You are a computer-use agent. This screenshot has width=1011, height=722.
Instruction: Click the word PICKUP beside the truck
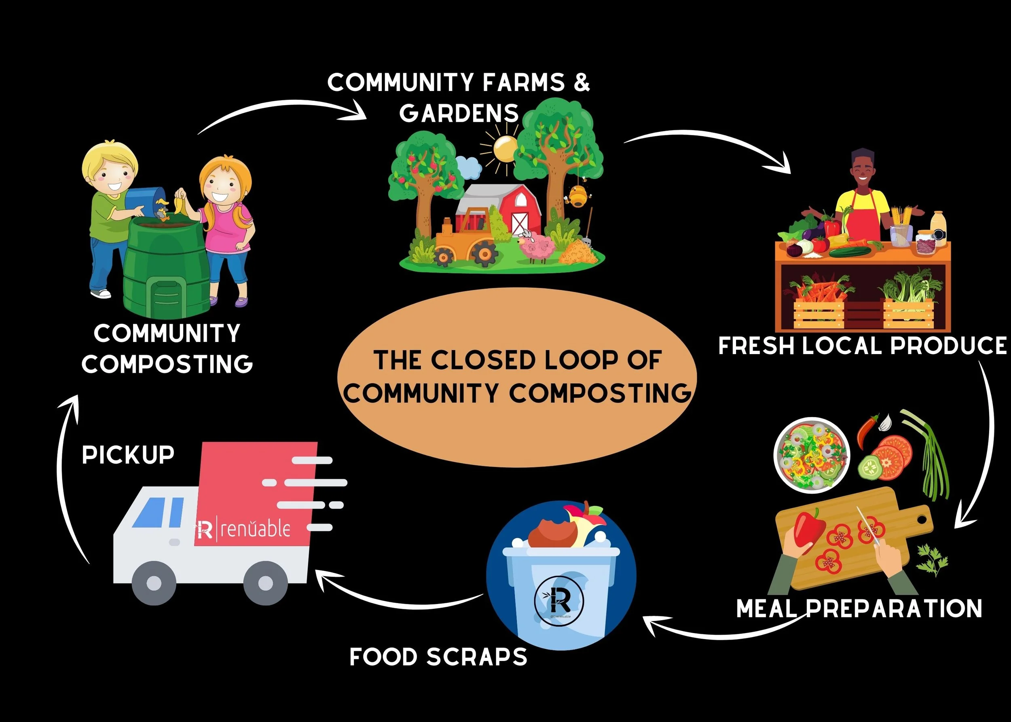(x=128, y=455)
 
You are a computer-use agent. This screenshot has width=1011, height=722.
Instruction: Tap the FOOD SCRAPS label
(x=438, y=657)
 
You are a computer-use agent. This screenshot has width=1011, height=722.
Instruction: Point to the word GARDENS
(x=459, y=113)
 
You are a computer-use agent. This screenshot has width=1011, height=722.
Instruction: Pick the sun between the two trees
(x=505, y=149)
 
